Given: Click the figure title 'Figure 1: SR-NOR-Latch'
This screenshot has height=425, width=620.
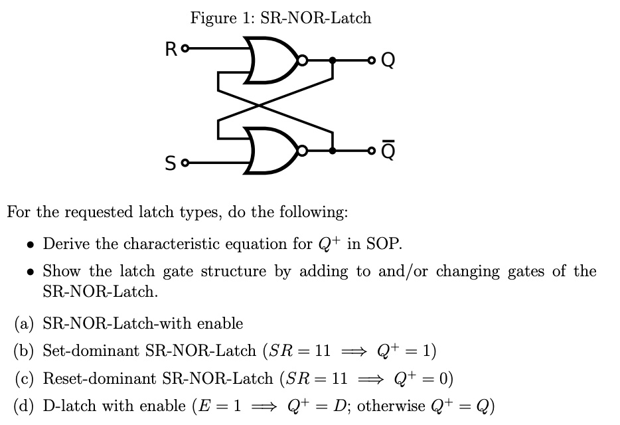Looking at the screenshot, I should point(280,18).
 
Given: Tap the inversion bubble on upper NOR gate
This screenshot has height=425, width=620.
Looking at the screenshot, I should point(303,60).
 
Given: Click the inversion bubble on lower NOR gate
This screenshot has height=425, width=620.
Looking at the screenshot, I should point(303,150).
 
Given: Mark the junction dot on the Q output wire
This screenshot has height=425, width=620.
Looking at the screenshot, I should point(333,60).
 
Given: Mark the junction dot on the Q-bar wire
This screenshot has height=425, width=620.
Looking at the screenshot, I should point(333,150).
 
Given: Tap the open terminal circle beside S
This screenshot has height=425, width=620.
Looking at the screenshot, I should point(185,161).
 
